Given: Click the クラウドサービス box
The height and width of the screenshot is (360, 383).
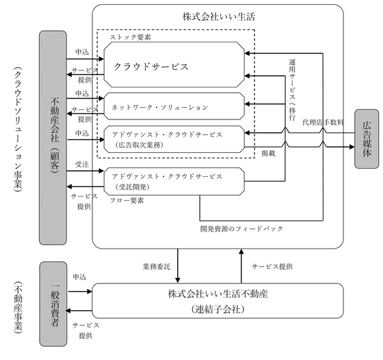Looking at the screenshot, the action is [x=174, y=65].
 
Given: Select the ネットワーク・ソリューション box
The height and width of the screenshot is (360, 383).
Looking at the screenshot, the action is [x=174, y=106].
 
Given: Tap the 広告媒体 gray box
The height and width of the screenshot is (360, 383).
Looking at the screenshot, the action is [x=367, y=139].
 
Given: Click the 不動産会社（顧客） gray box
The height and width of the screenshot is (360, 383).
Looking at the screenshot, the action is [x=53, y=137].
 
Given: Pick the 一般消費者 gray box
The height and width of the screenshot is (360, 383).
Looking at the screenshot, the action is [x=53, y=304].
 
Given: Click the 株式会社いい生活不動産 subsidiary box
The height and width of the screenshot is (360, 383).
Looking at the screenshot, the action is [x=218, y=301].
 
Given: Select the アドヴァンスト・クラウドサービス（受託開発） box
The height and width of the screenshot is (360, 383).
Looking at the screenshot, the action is [x=174, y=182].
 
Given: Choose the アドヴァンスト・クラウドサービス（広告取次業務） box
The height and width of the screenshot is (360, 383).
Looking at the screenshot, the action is [x=174, y=139].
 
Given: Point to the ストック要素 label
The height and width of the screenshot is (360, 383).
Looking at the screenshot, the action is [x=130, y=37].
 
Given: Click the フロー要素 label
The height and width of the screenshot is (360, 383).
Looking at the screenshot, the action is [x=127, y=200].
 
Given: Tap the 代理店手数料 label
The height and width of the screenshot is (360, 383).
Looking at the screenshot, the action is [x=323, y=122].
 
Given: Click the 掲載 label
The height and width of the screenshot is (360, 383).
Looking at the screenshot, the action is [x=268, y=153].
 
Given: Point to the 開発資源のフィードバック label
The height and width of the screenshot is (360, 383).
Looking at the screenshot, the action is [x=241, y=229].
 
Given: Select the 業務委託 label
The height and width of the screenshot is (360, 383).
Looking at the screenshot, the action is [x=157, y=266].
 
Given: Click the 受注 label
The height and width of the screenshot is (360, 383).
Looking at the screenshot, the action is [x=82, y=165].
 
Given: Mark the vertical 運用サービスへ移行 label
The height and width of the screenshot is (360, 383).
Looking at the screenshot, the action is [x=292, y=89].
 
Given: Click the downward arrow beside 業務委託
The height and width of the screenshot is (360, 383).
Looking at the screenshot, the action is [x=178, y=266].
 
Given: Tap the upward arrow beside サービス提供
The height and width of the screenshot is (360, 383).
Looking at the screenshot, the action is [x=241, y=266].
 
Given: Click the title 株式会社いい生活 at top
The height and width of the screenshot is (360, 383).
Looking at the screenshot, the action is [x=219, y=16].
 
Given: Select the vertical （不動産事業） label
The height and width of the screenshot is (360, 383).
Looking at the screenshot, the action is [x=18, y=307].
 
